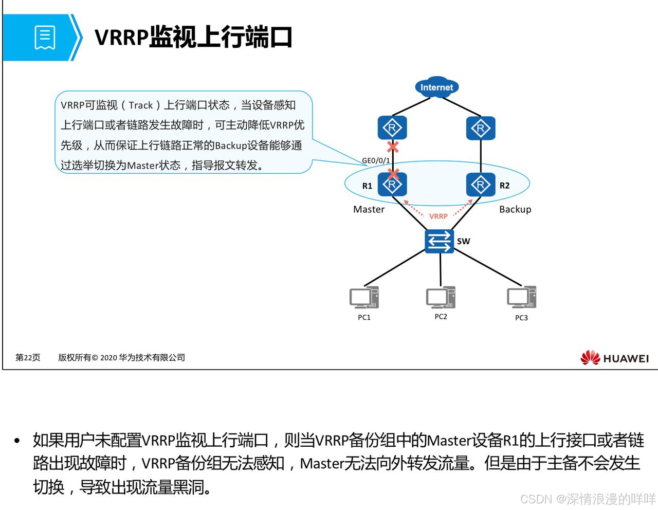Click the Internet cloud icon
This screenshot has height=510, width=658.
point(436,87)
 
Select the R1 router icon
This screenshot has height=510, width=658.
point(392,185)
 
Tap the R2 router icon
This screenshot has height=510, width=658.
point(481,185)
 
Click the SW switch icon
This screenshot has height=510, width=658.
point(440,241)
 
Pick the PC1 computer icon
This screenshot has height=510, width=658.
point(364,298)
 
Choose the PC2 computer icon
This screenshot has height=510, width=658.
point(441,297)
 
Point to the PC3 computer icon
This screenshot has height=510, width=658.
point(521,298)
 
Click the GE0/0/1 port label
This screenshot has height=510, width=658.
point(376,160)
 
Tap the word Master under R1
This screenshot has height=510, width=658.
point(369,209)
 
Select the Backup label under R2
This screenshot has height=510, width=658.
point(515,209)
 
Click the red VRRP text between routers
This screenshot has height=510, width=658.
point(438,216)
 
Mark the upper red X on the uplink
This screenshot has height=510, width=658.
point(393,147)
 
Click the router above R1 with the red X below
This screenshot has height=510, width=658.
point(392,128)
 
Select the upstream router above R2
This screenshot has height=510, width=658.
point(481,128)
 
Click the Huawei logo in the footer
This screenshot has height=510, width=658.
point(615,358)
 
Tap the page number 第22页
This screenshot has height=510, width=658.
point(28,357)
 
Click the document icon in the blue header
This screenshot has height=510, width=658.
point(45,38)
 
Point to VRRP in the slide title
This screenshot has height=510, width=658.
point(121,38)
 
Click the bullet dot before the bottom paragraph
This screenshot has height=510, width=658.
point(17,441)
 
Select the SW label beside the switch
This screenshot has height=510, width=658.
point(463,241)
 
